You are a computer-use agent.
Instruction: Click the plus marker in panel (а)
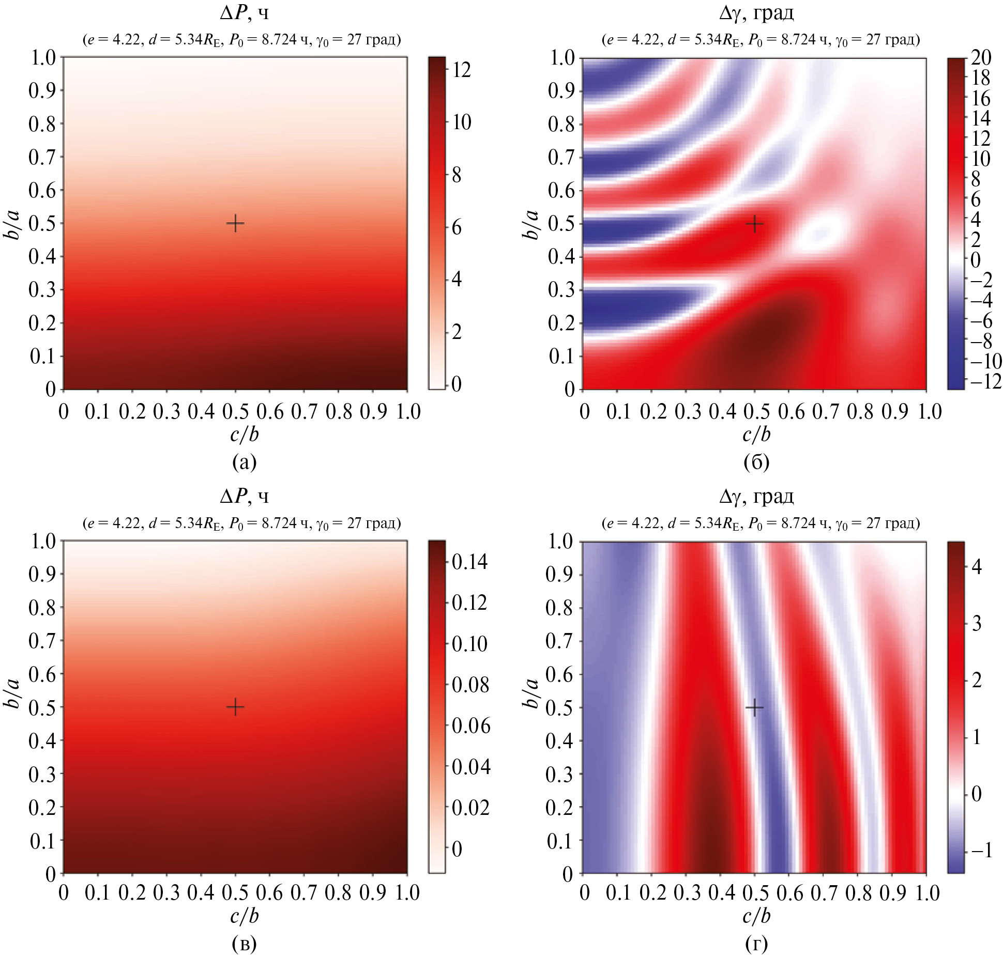point(235,224)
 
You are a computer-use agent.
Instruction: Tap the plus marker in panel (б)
point(755,224)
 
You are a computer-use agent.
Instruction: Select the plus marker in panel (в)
point(235,707)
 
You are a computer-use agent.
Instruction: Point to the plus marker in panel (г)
point(755,707)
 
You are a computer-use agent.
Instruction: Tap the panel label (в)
point(245,944)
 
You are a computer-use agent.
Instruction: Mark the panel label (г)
point(756,944)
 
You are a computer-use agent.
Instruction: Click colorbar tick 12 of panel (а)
point(461,69)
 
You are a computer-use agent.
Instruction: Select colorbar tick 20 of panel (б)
point(981,57)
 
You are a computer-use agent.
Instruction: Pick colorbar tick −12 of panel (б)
point(984,381)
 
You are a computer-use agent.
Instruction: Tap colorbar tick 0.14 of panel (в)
point(469,562)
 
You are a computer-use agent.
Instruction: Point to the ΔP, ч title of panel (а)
point(245,13)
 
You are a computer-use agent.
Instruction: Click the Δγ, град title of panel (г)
point(756,497)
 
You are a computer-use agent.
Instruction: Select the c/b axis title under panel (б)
point(756,435)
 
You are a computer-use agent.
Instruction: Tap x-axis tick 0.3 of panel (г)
point(687,893)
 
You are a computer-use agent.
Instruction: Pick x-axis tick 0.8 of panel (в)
point(339,893)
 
